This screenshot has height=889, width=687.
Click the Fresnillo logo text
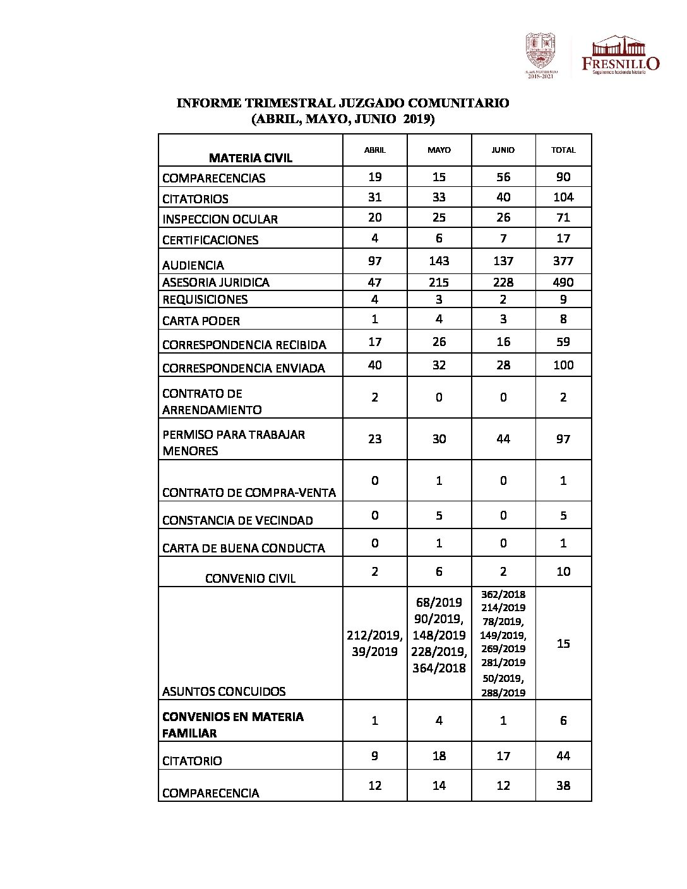[x=620, y=63]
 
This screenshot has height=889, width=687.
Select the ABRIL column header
[x=375, y=150]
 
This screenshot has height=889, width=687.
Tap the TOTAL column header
[x=563, y=150]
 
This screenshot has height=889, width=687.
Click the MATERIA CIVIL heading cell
[x=251, y=158]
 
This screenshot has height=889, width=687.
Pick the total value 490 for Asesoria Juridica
[x=563, y=282]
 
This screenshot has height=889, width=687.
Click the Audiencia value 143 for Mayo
[x=439, y=261]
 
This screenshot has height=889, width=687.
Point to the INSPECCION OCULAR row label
[x=220, y=220]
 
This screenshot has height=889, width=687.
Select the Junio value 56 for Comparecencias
[x=503, y=177]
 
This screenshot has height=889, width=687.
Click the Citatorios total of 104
[x=563, y=198]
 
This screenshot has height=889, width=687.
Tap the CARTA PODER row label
[x=201, y=321]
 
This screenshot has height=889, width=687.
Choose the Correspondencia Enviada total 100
[x=563, y=365]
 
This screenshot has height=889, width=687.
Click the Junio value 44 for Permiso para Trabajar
[x=503, y=439]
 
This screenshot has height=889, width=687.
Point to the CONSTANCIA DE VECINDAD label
[x=237, y=520]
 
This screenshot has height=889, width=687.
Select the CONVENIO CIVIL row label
[x=250, y=578]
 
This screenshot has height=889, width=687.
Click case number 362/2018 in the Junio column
[x=503, y=594]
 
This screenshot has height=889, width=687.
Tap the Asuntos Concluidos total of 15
[x=563, y=643]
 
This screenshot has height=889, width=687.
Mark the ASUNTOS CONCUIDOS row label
[x=224, y=691]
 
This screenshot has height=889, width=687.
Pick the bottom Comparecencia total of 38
[x=563, y=785]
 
